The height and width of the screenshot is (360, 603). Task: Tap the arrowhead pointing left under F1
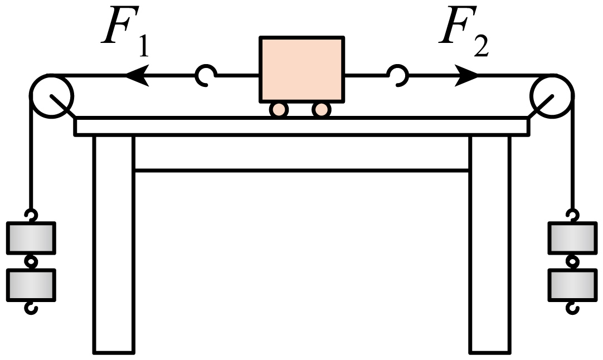pyautogui.click(x=137, y=74)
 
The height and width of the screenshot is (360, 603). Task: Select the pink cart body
pyautogui.click(x=301, y=69)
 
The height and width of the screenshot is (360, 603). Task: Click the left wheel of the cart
pyautogui.click(x=279, y=109)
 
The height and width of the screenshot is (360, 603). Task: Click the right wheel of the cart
pyautogui.click(x=321, y=109)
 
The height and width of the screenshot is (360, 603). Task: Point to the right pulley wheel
pyautogui.click(x=552, y=95)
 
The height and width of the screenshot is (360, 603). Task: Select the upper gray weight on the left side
pyautogui.click(x=31, y=239)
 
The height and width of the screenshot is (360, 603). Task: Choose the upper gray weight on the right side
pyautogui.click(x=572, y=239)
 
